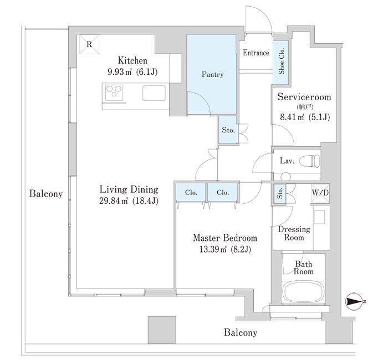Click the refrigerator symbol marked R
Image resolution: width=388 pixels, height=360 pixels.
89,44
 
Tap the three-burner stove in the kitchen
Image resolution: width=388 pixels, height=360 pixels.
114,92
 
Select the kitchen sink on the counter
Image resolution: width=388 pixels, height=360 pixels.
154,93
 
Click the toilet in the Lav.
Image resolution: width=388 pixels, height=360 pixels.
309,161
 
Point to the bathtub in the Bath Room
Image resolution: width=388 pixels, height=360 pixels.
303,292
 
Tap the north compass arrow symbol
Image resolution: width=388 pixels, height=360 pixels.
354,301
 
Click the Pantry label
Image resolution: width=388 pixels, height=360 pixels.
212,74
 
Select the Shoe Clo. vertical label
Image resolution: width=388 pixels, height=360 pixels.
282,61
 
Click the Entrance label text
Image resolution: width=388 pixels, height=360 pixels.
256,53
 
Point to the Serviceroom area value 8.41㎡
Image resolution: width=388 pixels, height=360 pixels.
292,117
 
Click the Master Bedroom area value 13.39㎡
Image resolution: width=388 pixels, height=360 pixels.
213,249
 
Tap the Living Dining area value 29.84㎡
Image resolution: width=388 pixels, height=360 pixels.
113,200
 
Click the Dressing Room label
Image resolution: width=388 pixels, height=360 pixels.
294,233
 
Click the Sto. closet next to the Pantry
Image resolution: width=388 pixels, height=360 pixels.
228,130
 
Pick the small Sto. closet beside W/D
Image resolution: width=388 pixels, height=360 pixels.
280,194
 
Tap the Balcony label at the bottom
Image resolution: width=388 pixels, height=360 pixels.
241,332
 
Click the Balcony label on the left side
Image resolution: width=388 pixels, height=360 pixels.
46,194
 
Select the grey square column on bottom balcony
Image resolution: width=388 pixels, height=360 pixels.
162,330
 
